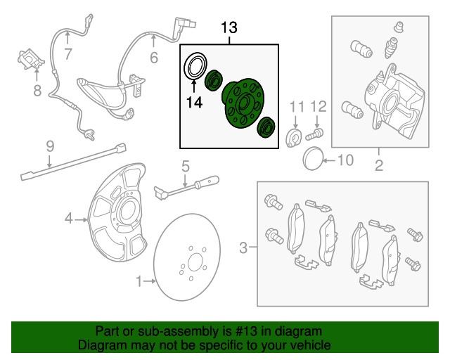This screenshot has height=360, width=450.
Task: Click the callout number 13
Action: point(229,29)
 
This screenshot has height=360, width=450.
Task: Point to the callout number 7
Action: point(67,54)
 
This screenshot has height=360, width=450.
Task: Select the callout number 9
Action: point(49,146)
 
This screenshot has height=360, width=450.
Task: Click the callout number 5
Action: point(185,167)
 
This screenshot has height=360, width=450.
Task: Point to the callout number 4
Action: point(69,219)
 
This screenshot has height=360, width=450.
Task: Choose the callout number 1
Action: point(139,282)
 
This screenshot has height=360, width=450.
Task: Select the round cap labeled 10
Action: point(312,159)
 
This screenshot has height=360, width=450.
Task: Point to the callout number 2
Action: point(378,167)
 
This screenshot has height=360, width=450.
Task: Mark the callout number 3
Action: point(243,247)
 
